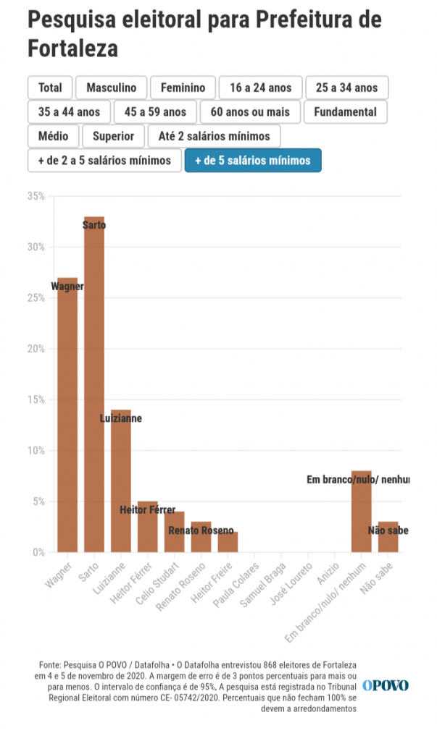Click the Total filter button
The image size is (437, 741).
coord(50,88)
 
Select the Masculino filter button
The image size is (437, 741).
coord(111,88)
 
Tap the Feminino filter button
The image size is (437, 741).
coord(183,88)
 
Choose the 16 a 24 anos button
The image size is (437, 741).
coord(261,88)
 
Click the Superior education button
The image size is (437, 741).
coord(113,136)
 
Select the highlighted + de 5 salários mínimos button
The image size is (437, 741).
coord(252,160)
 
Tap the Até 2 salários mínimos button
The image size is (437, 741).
coord(214,136)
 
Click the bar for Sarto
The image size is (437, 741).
coord(94,384)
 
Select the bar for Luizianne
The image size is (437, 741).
coord(121,480)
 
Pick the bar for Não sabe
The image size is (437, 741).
coord(388,536)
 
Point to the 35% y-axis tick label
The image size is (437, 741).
coord(36,196)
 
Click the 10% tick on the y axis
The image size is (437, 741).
coord(36,450)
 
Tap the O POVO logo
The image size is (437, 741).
coord(386,685)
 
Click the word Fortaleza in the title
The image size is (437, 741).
coord(72,48)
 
